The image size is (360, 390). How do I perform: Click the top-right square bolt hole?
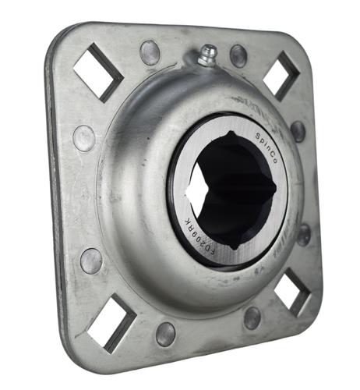click(281, 76)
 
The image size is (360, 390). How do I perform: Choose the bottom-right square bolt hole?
click(292, 292)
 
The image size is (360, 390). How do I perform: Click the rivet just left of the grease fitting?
click(150, 53)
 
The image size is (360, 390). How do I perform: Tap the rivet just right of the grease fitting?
click(238, 56)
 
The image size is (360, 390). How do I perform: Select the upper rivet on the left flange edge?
click(84, 138)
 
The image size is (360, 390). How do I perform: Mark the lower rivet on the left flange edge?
click(91, 261)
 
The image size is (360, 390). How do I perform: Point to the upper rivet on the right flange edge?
click(298, 130)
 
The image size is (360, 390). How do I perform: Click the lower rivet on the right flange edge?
click(303, 234)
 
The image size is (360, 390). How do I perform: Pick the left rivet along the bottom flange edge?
click(165, 334)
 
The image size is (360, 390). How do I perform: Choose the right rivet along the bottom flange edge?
click(252, 317)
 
